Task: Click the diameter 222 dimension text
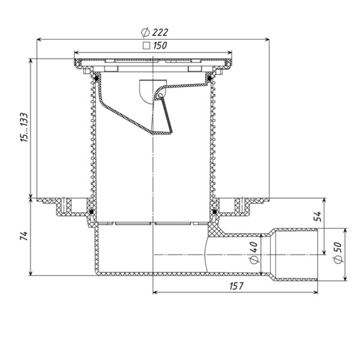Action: [x=154, y=32]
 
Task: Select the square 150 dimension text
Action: [x=155, y=45]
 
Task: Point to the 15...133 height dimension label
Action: [x=24, y=127]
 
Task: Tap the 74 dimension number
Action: [x=24, y=236]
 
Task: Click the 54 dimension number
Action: [x=318, y=216]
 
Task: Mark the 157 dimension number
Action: [x=236, y=286]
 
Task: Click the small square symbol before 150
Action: [x=146, y=46]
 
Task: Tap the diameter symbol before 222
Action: [x=145, y=32]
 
